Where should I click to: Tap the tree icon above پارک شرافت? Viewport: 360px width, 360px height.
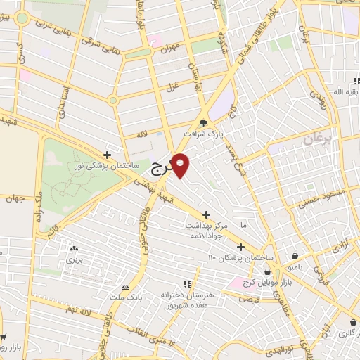(x=205, y=122)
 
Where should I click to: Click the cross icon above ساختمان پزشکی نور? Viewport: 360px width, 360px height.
(x=107, y=155)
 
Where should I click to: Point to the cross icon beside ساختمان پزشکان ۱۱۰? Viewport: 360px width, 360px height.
(x=240, y=247)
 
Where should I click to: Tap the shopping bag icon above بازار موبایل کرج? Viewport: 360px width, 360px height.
(x=267, y=271)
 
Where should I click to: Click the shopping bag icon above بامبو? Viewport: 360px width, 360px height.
(x=294, y=256)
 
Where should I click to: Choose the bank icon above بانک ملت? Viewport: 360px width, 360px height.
(x=125, y=287)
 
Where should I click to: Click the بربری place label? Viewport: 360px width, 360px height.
(x=74, y=259)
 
